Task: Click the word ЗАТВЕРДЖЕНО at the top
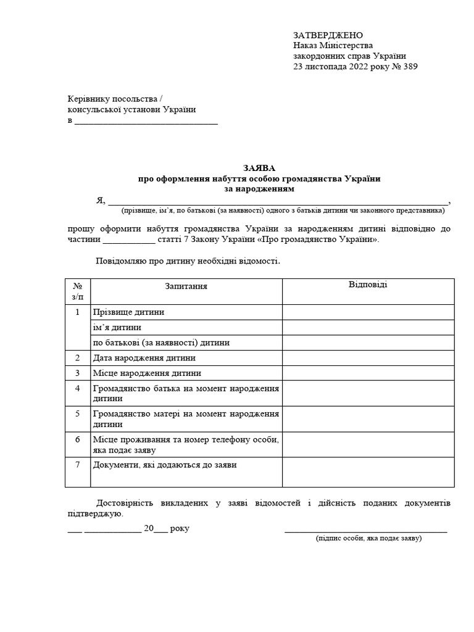[x=328, y=35]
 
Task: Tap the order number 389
[x=410, y=67]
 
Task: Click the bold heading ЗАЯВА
[x=259, y=168]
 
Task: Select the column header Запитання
[x=186, y=286]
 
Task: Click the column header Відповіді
[x=368, y=285]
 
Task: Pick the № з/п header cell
[x=78, y=291]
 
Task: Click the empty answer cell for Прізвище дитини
[x=368, y=312]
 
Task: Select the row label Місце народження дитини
[x=147, y=373]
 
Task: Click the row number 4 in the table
[x=78, y=388]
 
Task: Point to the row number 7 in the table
[x=78, y=465]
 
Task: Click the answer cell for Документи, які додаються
[x=368, y=472]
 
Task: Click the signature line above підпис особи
[x=365, y=530]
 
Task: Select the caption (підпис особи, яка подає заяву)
[x=368, y=538]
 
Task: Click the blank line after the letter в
[x=146, y=122]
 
